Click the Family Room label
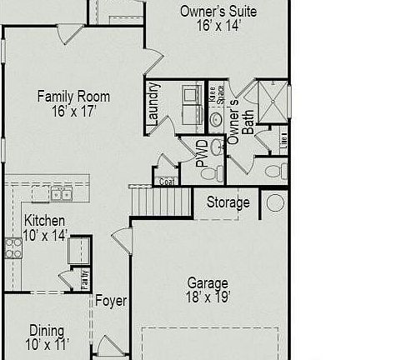[73, 97]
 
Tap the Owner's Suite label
[218, 12]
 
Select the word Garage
[208, 282]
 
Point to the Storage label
[228, 202]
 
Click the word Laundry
[153, 103]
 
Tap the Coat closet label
[166, 181]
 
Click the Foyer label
[110, 301]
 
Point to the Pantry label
[85, 278]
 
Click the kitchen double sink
[61, 195]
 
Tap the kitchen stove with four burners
[13, 247]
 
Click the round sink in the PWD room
[217, 148]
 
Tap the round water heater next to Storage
[275, 202]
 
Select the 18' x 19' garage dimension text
[208, 296]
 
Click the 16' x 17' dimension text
[73, 111]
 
